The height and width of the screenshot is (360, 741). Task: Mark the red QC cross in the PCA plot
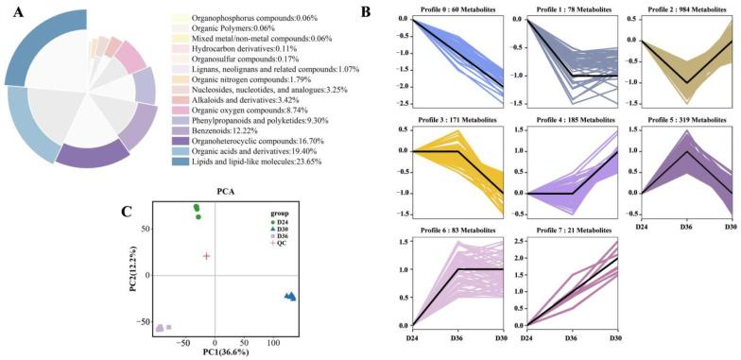pyautogui.click(x=206, y=256)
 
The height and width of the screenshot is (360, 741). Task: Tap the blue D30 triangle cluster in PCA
pyautogui.click(x=290, y=297)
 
